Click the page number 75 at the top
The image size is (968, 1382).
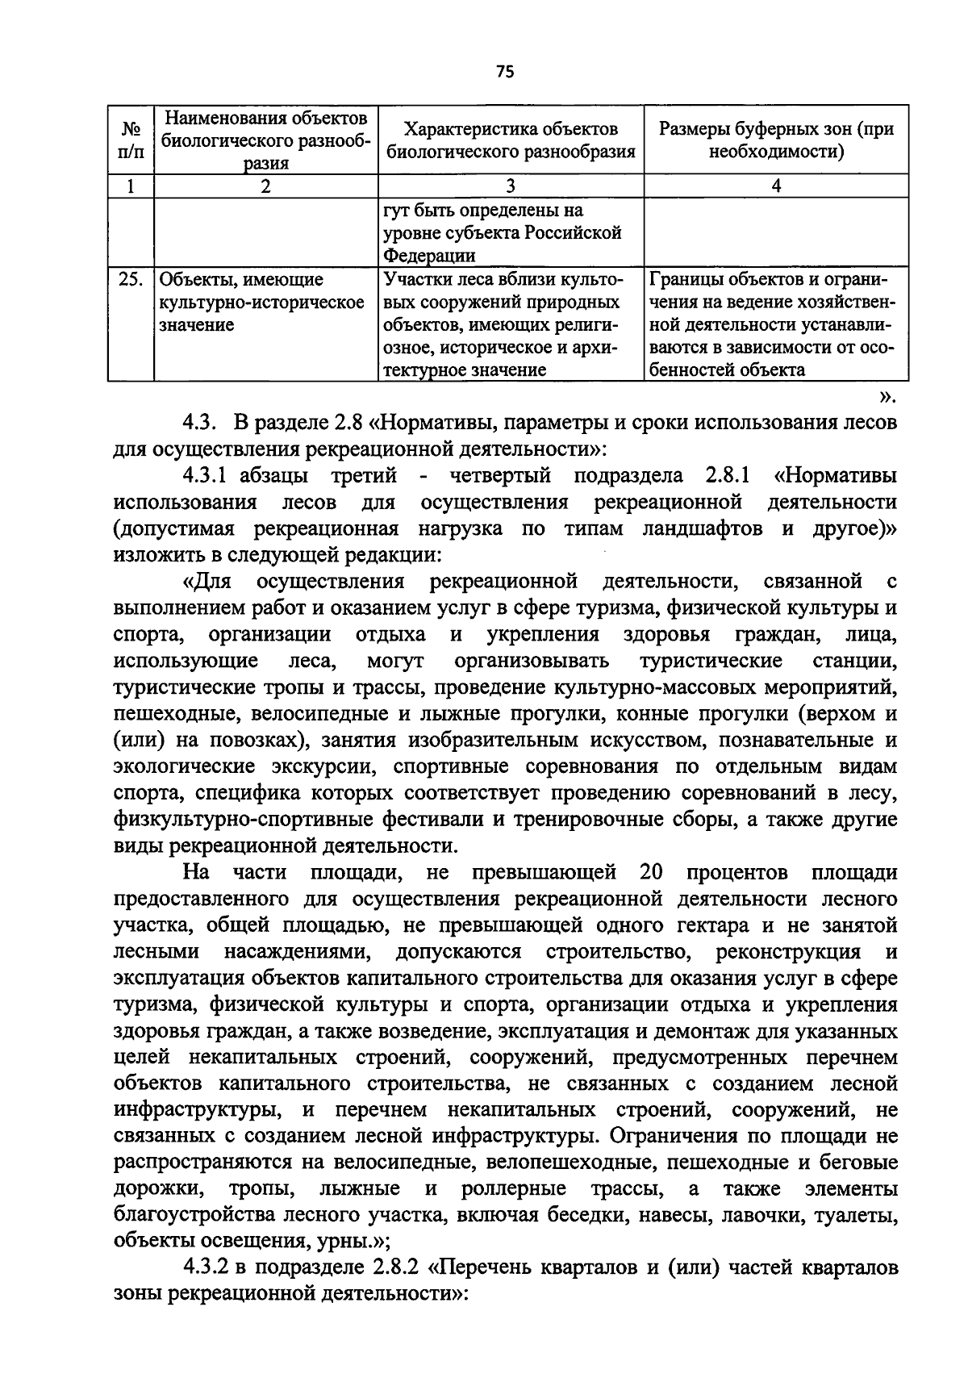click(x=505, y=73)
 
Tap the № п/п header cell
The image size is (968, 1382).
click(x=131, y=140)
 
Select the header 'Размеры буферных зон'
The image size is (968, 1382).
click(x=776, y=140)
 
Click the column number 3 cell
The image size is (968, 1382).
click(x=510, y=186)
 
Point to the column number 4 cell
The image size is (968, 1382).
click(x=776, y=186)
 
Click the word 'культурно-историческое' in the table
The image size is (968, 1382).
click(x=261, y=303)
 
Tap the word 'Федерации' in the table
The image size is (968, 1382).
click(x=428, y=256)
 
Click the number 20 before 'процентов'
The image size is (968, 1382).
click(x=650, y=872)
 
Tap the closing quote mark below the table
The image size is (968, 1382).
click(x=887, y=396)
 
